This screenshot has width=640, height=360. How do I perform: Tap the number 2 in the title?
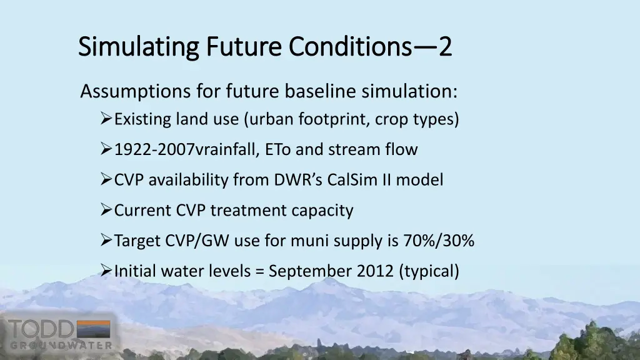click(444, 47)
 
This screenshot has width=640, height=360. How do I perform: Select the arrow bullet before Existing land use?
click(106, 119)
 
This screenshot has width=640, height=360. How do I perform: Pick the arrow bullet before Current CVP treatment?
click(106, 211)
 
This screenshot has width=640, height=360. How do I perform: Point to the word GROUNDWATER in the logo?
click(60, 345)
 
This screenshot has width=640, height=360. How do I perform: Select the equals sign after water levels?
click(260, 271)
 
